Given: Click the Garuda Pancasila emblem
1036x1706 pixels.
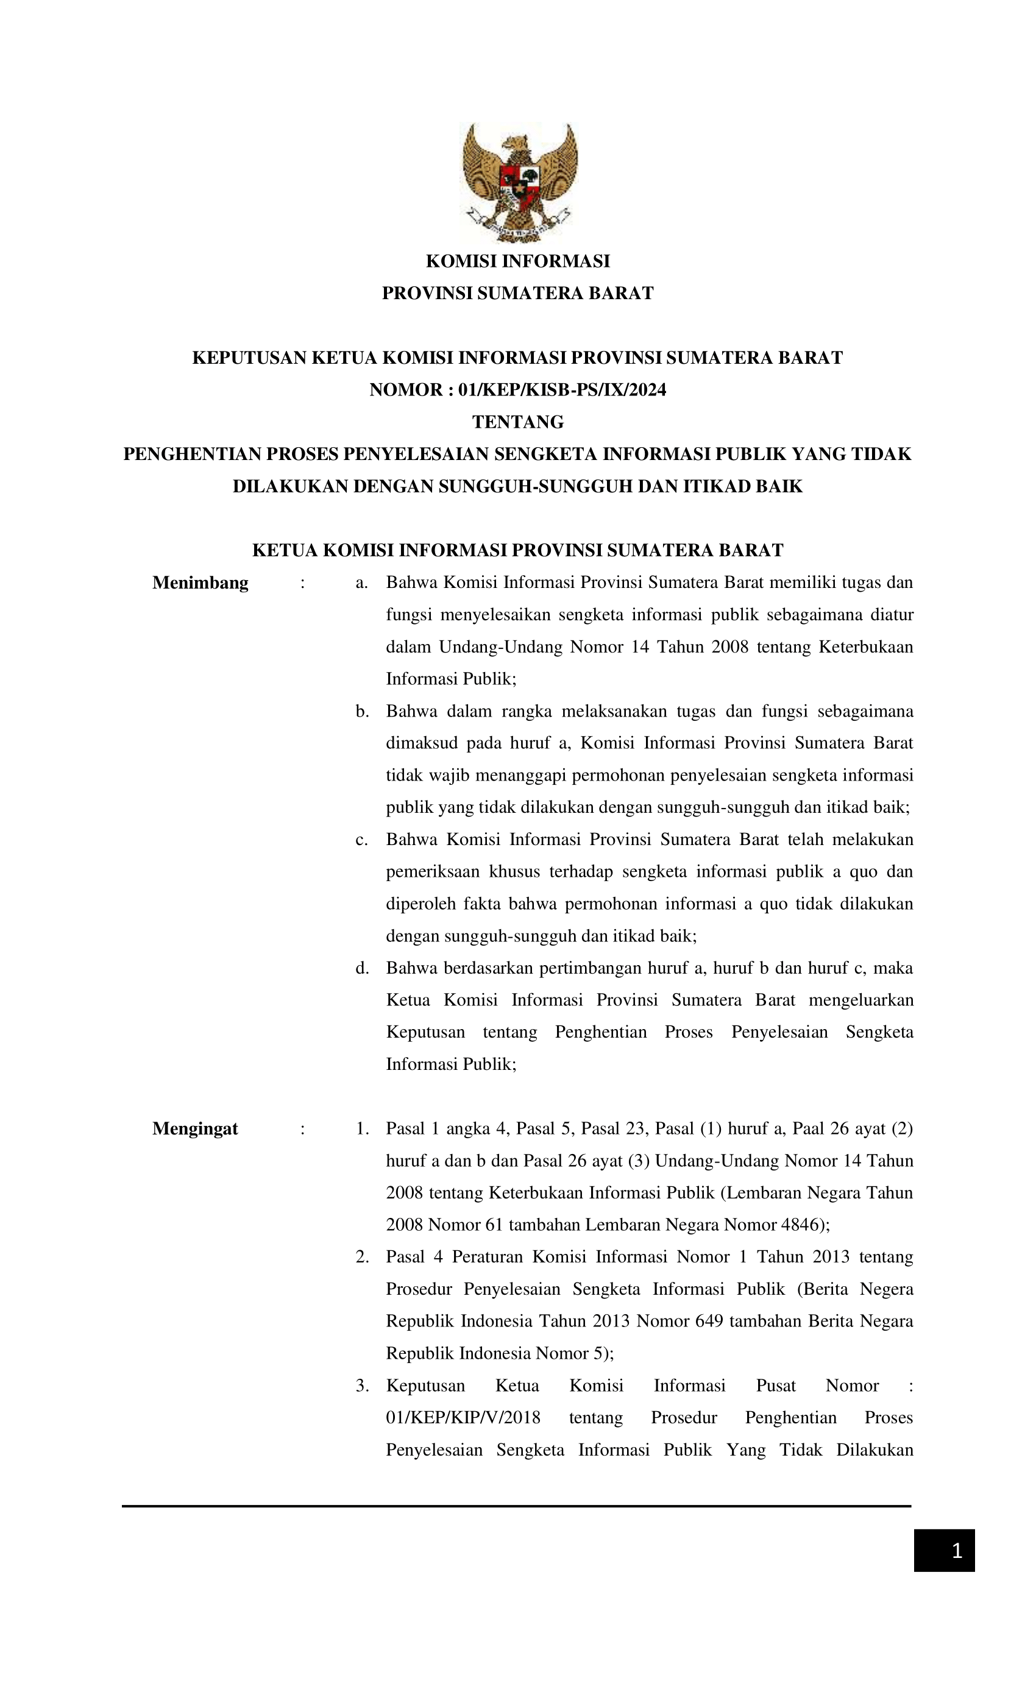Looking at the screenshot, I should (x=519, y=182).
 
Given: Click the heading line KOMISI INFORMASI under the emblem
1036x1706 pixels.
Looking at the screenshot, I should (x=517, y=261).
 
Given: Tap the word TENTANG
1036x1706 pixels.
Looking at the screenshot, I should (x=517, y=422).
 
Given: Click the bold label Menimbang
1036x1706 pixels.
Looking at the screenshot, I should (x=200, y=582).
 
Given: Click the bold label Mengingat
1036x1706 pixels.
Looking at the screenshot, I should (x=194, y=1128).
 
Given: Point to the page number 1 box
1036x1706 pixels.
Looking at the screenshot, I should (x=944, y=1551).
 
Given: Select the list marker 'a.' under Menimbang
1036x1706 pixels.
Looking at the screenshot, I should (x=361, y=582).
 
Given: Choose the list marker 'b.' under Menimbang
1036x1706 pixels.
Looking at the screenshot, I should (x=361, y=711).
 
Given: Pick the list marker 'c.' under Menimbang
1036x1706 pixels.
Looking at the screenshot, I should (x=361, y=839).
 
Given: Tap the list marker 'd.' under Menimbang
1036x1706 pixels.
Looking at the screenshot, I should (x=361, y=968).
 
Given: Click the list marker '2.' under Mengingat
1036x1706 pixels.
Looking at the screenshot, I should (x=361, y=1256).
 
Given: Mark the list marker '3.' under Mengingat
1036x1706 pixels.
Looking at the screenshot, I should (x=361, y=1386).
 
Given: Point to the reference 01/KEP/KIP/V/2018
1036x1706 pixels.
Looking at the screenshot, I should (x=463, y=1417).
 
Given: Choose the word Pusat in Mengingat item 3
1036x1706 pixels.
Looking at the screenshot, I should (x=775, y=1386).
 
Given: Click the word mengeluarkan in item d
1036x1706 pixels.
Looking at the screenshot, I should (x=860, y=1000).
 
